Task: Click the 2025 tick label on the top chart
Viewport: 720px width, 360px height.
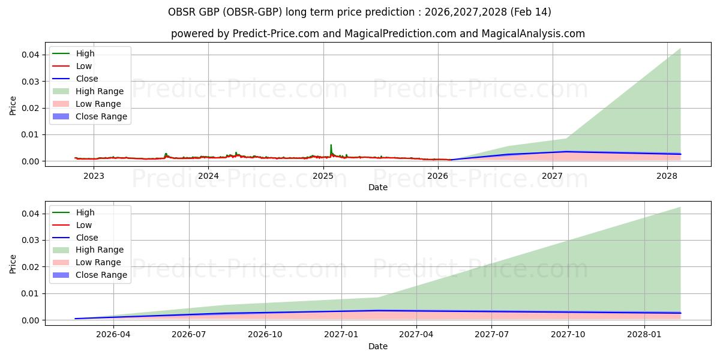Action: pos(323,176)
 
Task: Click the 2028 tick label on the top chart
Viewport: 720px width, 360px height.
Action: pos(667,176)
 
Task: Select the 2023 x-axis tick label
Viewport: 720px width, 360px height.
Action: pos(94,176)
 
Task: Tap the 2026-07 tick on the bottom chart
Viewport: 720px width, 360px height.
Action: pos(189,335)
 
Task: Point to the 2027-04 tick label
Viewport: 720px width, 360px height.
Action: pos(416,335)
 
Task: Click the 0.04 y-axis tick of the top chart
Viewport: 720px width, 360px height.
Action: pos(32,55)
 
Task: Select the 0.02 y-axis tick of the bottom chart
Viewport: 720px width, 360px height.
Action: pos(32,267)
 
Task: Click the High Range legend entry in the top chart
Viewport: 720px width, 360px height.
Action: pos(100,91)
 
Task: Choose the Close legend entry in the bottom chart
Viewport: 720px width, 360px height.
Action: pos(87,238)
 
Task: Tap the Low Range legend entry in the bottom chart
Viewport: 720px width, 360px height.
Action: pos(98,262)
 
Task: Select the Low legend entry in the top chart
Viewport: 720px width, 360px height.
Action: pos(84,66)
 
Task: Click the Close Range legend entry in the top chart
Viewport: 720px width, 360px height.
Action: pos(101,116)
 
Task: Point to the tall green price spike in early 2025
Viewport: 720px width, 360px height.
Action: pos(331,146)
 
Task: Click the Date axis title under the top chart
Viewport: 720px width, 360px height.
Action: pos(377,187)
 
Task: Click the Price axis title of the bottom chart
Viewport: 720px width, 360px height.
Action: pos(13,263)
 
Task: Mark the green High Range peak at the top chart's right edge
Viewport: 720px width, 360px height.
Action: pos(680,50)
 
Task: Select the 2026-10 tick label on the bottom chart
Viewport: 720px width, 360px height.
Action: pos(265,335)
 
